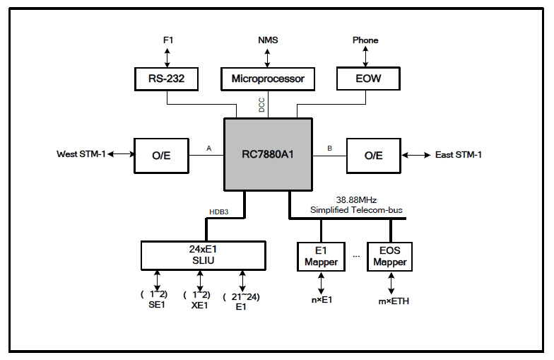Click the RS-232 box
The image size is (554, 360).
pos(167,79)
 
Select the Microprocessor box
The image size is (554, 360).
pos(268,79)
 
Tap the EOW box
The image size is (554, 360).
pos(367,79)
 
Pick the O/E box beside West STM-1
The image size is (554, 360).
pos(162,155)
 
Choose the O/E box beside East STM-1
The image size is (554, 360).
pos(374,155)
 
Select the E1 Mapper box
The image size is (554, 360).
pos(322,256)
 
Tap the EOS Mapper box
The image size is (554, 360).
pos(389,256)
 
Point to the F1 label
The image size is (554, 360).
pos(168,40)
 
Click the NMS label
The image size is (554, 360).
pos(268,40)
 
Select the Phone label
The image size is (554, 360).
pos(365,40)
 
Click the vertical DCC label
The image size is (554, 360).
pos(261,105)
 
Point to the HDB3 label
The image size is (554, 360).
pos(219,211)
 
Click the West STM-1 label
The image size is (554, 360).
pos(81,155)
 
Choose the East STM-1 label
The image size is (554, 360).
pos(459,155)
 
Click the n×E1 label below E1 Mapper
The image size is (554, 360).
pos(322,301)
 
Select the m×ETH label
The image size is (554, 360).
pos(392,301)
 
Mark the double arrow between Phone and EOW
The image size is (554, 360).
pos(366,57)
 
